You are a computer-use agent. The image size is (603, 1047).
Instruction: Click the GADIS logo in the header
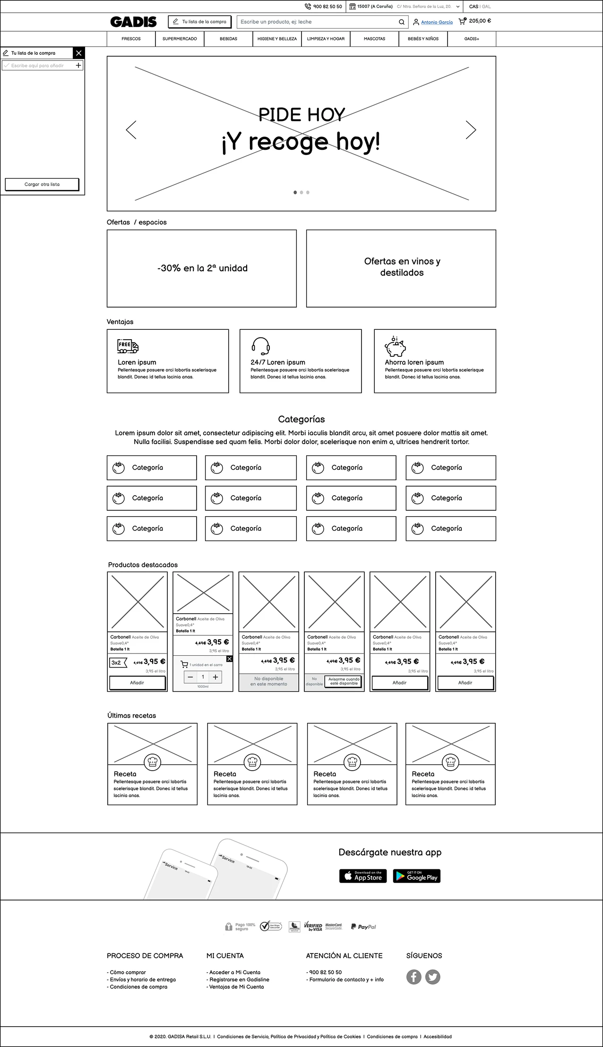click(x=133, y=22)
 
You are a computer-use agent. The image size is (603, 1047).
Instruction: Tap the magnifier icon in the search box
click(x=401, y=22)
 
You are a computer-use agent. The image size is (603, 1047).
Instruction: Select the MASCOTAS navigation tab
click(x=374, y=39)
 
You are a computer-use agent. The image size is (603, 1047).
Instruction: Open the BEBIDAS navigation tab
click(x=228, y=39)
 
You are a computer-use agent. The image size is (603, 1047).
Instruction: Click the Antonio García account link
click(x=437, y=22)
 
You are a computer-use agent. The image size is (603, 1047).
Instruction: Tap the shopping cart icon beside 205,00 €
click(x=462, y=21)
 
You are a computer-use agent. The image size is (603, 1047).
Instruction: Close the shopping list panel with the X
click(x=79, y=53)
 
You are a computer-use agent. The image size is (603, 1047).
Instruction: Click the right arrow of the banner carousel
click(x=471, y=130)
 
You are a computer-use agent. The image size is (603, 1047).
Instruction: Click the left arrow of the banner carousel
click(x=131, y=130)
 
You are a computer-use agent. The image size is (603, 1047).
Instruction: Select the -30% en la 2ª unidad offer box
click(x=202, y=268)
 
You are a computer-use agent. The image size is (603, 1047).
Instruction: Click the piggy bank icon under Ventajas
click(x=395, y=347)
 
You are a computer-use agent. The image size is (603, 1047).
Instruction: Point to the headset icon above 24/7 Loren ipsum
click(x=260, y=346)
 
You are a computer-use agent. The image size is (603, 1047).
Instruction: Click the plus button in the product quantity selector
click(x=215, y=677)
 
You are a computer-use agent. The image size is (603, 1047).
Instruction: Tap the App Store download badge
click(x=363, y=876)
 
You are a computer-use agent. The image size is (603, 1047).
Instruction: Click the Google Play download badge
click(x=416, y=876)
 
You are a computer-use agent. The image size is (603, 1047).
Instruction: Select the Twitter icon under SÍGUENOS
click(x=432, y=977)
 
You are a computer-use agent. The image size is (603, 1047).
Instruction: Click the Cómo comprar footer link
click(x=128, y=972)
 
